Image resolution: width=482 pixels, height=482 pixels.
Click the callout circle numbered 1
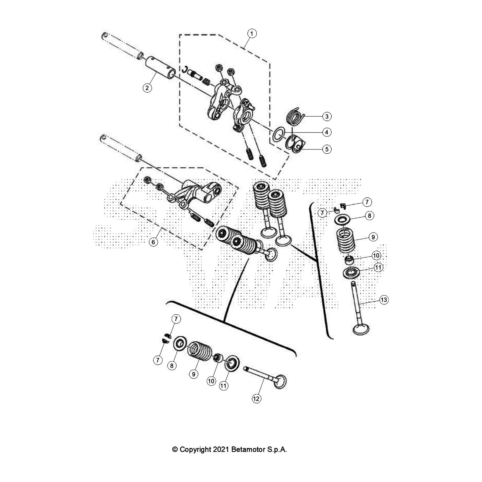tap(252, 33)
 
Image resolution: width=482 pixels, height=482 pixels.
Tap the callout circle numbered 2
tap(147, 88)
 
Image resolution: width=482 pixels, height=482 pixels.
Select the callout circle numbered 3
tap(327, 116)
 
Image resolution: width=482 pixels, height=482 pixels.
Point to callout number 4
tap(327, 132)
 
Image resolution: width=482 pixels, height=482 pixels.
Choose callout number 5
tap(327, 149)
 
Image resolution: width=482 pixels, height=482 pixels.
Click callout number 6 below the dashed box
tap(153, 242)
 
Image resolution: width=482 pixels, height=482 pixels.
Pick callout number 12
tap(256, 399)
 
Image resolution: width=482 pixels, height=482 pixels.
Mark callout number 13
tap(383, 300)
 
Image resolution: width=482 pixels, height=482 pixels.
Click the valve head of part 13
tap(361, 329)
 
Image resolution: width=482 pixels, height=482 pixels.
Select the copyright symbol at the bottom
tap(175, 450)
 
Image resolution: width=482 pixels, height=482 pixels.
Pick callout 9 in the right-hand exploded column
tap(373, 237)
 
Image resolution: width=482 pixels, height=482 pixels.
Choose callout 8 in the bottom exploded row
tap(171, 365)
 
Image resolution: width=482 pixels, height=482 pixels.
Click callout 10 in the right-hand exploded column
tap(376, 256)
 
